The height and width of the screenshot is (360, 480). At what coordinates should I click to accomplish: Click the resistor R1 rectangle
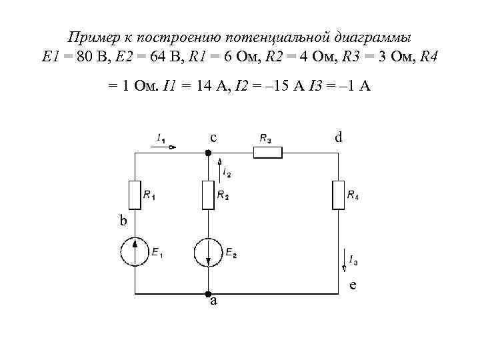(135, 195)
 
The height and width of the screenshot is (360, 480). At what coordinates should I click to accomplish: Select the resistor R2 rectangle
(208, 195)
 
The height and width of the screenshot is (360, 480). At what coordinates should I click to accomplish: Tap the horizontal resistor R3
(267, 152)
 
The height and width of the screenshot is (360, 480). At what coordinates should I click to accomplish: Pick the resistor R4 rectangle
(337, 195)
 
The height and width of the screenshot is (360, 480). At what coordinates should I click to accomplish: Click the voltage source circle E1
(135, 252)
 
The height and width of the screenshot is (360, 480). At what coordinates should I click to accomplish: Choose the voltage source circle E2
(208, 252)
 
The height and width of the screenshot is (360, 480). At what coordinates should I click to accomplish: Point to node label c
(213, 138)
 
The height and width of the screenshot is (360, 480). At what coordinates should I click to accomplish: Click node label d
(339, 138)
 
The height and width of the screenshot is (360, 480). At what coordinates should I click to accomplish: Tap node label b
(123, 221)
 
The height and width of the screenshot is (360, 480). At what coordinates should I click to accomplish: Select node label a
(213, 301)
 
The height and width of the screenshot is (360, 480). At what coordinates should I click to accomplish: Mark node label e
(353, 285)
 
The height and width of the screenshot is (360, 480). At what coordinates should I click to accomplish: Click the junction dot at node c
(208, 153)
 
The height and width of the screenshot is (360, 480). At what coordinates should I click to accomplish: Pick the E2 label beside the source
(231, 253)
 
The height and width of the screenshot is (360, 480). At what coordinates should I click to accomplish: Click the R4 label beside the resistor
(353, 195)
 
